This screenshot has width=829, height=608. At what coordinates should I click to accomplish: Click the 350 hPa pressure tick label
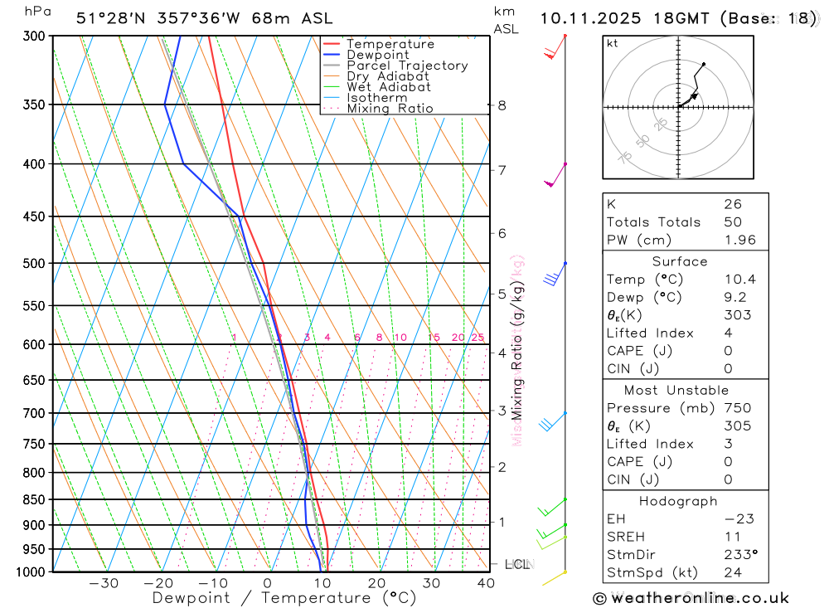pyautogui.click(x=36, y=105)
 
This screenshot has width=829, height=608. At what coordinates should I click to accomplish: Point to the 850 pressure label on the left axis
pyautogui.click(x=36, y=499)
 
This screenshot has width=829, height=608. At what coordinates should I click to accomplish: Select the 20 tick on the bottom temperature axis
pyautogui.click(x=377, y=583)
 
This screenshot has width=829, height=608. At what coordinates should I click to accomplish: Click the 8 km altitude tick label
pyautogui.click(x=502, y=105)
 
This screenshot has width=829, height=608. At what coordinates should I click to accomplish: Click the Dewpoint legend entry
pyautogui.click(x=377, y=55)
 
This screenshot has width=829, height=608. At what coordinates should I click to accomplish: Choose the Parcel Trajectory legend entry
pyautogui.click(x=407, y=66)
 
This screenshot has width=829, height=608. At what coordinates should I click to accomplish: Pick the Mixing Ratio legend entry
pyautogui.click(x=390, y=109)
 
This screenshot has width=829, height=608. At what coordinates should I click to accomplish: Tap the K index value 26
pyautogui.click(x=732, y=204)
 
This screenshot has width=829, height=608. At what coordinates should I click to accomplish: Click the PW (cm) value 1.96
pyautogui.click(x=739, y=241)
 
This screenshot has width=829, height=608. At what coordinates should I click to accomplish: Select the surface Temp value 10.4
pyautogui.click(x=739, y=280)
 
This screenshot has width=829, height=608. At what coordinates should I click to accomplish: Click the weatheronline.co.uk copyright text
pyautogui.click(x=691, y=598)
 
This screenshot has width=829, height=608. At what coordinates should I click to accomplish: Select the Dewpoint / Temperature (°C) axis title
pyautogui.click(x=284, y=598)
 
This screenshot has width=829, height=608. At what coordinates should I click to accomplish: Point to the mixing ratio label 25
pyautogui.click(x=478, y=338)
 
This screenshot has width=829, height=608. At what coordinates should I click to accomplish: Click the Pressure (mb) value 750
pyautogui.click(x=737, y=408)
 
